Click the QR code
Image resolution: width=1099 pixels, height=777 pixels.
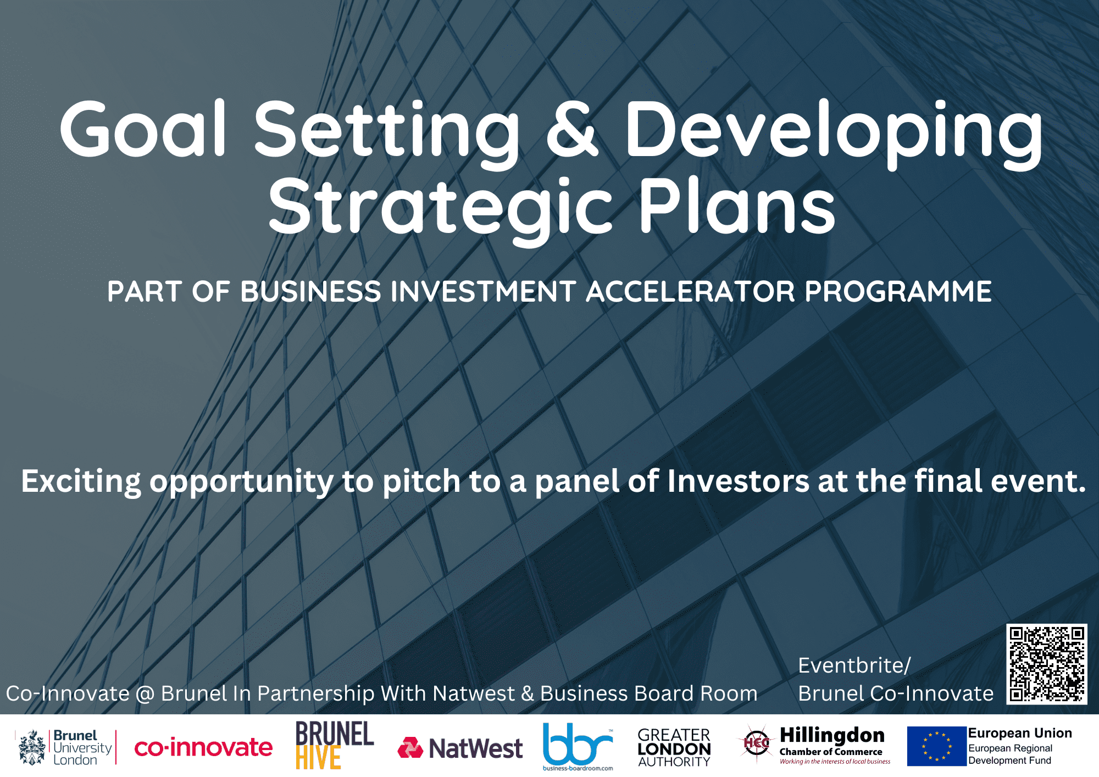1047,664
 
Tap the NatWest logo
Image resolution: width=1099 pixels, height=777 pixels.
460,748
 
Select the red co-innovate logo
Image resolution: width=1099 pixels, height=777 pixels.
203,747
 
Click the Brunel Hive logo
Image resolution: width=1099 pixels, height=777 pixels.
334,745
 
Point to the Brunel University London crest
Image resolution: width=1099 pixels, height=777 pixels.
32,747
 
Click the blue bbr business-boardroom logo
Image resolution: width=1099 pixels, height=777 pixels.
578,746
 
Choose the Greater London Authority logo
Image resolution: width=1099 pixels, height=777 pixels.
674,747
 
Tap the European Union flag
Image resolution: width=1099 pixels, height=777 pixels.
936,746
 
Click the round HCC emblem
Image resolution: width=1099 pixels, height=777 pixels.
757,744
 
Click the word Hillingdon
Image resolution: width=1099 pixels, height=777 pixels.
832,735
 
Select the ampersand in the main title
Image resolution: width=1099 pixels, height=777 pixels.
572,130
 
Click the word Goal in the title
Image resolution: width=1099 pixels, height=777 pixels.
143,129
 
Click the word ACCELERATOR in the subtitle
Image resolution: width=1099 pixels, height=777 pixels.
690,291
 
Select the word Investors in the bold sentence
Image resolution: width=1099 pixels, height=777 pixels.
739,481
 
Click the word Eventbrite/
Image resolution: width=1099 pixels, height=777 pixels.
854,665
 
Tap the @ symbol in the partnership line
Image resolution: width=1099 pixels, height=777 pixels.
145,694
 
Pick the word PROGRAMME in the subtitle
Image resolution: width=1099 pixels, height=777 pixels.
898,291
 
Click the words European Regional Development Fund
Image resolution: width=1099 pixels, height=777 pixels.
1011,754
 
